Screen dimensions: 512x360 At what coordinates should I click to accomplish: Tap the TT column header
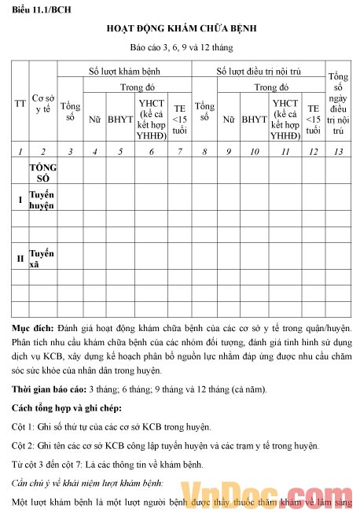(x=20, y=103)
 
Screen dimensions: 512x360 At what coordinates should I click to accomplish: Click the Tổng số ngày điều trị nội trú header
(x=338, y=104)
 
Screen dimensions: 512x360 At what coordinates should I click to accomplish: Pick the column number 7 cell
(x=180, y=151)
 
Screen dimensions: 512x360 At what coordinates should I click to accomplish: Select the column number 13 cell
(x=338, y=151)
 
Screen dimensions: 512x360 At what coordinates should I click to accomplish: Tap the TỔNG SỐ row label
(x=42, y=172)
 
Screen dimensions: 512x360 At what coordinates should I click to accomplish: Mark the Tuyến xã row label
(x=42, y=257)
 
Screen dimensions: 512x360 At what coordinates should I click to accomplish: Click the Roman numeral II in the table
(x=20, y=258)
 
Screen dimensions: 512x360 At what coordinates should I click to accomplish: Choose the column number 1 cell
(x=20, y=151)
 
